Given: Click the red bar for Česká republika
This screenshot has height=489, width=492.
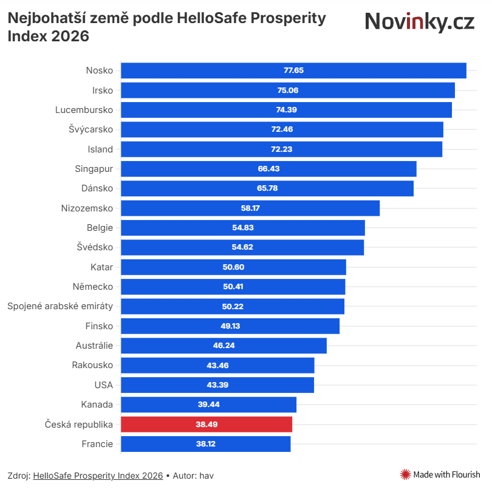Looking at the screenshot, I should (x=207, y=424).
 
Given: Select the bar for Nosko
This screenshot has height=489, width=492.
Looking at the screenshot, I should (x=293, y=70).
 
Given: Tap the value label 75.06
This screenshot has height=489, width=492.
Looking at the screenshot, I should (x=288, y=90).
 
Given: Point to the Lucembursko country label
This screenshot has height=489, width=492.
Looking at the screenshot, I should (x=84, y=110).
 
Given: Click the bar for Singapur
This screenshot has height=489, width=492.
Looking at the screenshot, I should (x=268, y=168).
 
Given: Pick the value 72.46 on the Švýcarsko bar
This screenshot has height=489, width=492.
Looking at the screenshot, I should (x=282, y=129).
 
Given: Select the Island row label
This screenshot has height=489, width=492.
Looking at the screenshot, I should (x=100, y=149).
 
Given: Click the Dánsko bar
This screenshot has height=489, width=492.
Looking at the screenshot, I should (x=267, y=188).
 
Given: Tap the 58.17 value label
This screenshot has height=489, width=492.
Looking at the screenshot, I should (x=250, y=208).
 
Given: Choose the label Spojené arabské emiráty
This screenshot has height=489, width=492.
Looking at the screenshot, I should (x=60, y=306).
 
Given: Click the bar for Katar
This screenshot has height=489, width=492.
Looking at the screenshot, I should (x=233, y=267).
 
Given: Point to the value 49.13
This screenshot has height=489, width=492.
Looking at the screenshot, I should (x=230, y=326).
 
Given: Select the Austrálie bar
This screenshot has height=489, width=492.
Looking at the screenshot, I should (x=224, y=346).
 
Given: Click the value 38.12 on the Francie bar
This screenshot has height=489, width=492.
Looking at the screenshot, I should (x=206, y=444).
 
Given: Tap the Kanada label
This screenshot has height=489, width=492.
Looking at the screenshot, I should (x=97, y=405).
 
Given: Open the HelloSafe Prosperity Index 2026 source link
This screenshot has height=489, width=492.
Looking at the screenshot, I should (x=98, y=476).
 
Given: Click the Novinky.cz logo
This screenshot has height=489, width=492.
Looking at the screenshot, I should (x=419, y=22).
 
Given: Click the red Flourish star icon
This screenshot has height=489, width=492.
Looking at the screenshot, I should (x=406, y=474).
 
